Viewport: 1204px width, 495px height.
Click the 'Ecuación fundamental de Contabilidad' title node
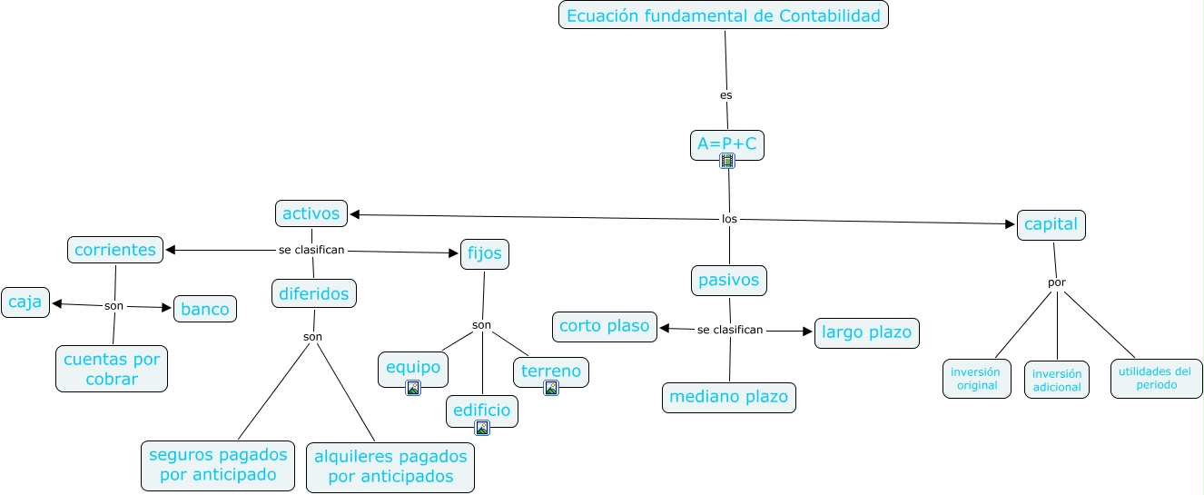point(723,15)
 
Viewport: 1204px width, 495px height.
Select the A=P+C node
point(726,144)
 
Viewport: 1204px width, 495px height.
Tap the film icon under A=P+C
point(726,162)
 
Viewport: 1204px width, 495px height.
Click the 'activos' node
point(311,213)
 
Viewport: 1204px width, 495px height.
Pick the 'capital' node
point(1051,224)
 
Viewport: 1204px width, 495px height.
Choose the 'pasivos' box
point(728,280)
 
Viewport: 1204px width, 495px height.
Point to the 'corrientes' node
point(115,250)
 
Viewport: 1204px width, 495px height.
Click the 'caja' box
point(25,302)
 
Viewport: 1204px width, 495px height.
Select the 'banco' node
point(205,308)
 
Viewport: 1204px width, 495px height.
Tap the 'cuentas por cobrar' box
point(112,369)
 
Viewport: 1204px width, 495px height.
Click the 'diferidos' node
point(314,293)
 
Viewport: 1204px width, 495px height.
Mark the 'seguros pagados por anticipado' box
point(218,465)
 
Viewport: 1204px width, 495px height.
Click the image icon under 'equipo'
point(413,388)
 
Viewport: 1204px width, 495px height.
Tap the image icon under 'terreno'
point(551,388)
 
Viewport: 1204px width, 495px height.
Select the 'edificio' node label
point(482,411)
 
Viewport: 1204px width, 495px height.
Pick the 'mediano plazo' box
point(728,397)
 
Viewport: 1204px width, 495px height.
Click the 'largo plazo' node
point(866,332)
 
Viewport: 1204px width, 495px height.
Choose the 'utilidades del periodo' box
point(1156,378)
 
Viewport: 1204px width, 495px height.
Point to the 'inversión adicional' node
point(1057,380)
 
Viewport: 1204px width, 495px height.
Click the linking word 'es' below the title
point(725,94)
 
